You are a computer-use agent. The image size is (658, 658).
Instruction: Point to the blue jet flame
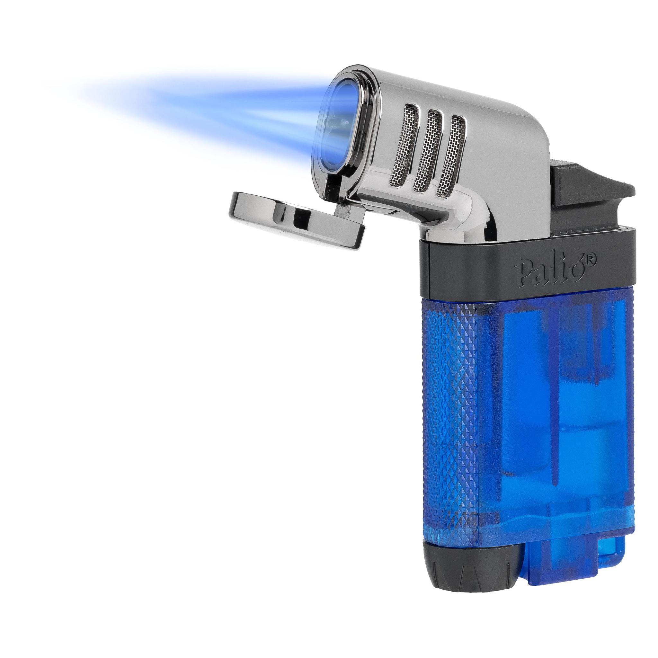[x=191, y=116]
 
